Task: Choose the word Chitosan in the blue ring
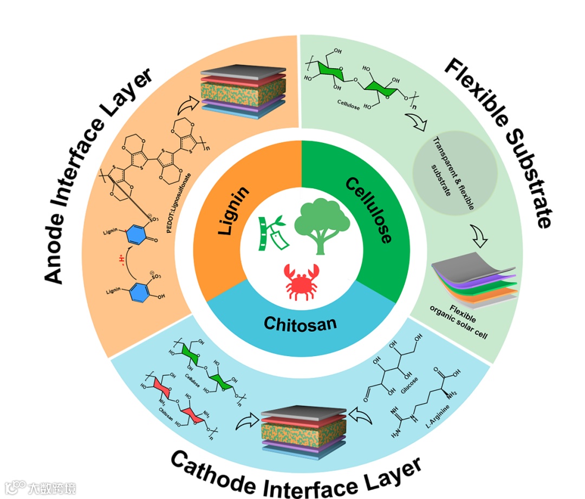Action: tap(300, 323)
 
